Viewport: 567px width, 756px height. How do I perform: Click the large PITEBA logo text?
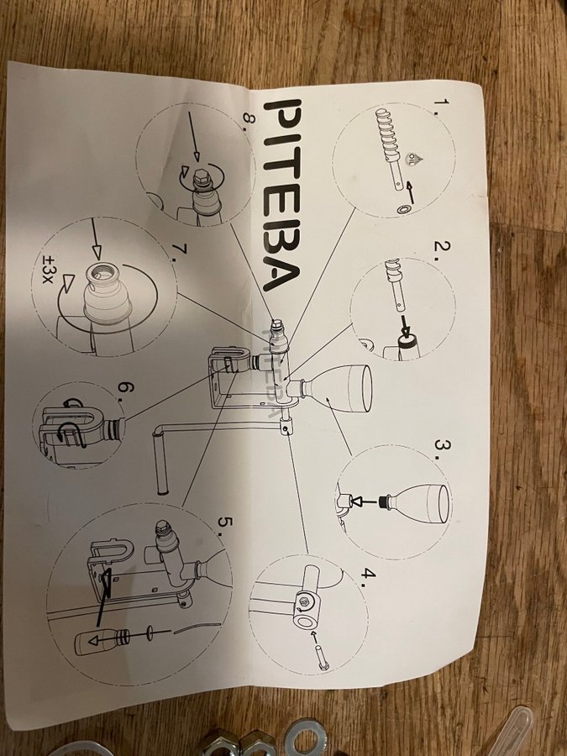tap(281, 195)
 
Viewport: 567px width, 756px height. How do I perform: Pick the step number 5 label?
tap(224, 526)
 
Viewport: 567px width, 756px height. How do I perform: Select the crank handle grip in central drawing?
tap(161, 463)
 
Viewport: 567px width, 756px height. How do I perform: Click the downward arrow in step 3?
tap(366, 502)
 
